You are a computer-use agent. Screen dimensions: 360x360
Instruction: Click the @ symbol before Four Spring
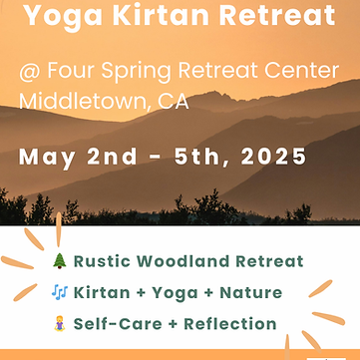click(x=29, y=73)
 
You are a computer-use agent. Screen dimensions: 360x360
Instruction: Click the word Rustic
click(x=105, y=262)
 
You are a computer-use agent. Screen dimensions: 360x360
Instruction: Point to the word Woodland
click(x=188, y=262)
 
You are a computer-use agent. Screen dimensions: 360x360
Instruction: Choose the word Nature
click(x=248, y=293)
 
